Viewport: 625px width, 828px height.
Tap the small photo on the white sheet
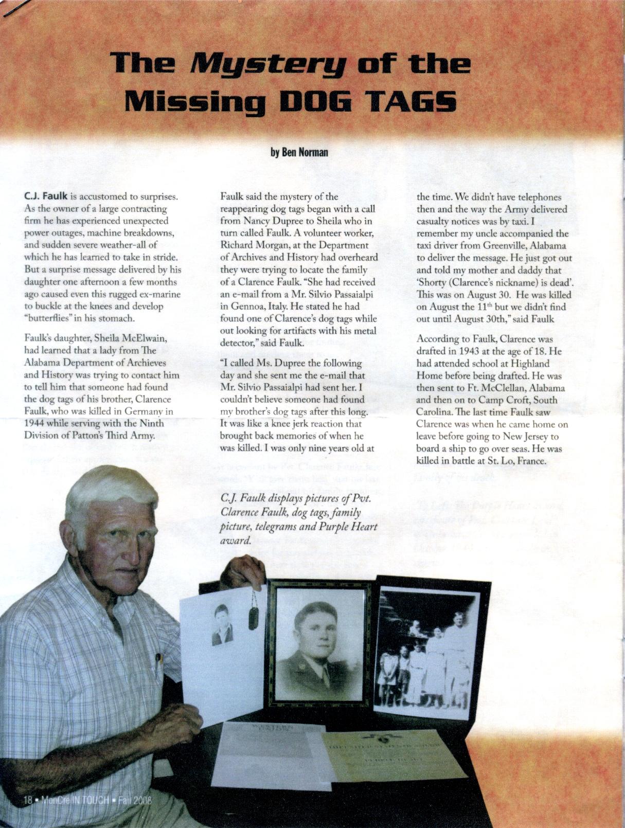click(223, 624)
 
